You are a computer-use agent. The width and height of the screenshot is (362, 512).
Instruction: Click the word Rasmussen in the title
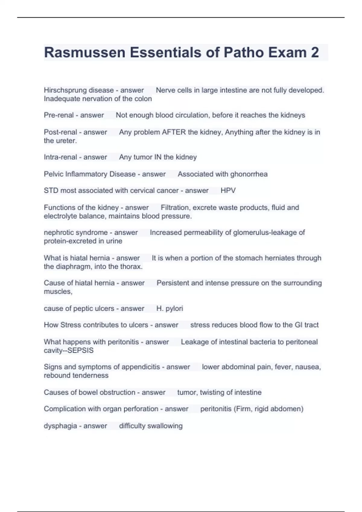click(x=84, y=52)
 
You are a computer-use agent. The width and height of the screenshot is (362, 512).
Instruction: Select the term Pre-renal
click(x=59, y=115)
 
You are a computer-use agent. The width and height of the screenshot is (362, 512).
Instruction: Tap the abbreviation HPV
click(x=228, y=191)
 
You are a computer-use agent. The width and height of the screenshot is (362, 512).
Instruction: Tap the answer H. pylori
click(x=170, y=308)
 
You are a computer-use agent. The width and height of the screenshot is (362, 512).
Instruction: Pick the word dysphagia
click(x=60, y=426)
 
